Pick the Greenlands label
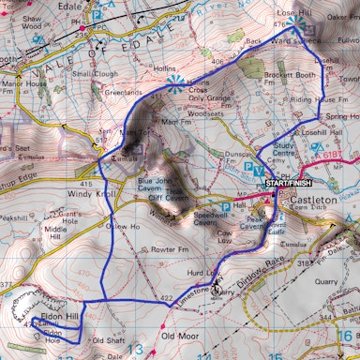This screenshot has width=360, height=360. coord(122,93)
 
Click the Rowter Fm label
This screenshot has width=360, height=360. coord(171,250)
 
